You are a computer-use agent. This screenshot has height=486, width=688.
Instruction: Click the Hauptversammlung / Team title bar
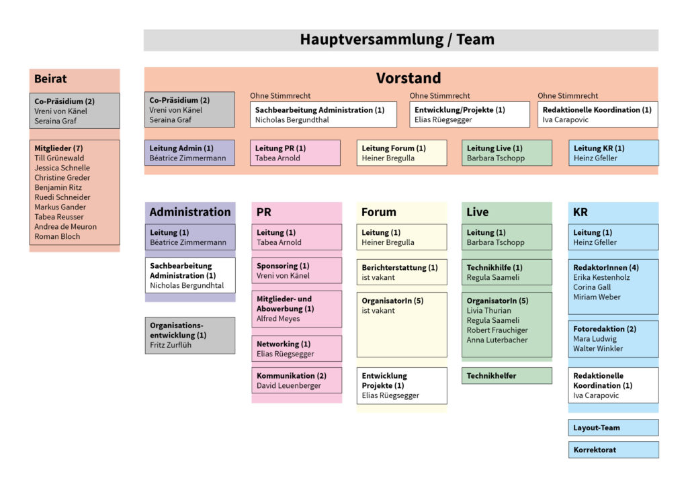(400, 40)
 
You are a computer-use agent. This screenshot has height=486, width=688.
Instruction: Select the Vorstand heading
(408, 78)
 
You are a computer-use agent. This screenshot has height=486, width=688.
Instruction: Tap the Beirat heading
(51, 79)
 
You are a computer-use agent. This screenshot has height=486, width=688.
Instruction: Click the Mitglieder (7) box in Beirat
(74, 193)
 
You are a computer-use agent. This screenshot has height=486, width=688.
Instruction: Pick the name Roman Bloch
(57, 236)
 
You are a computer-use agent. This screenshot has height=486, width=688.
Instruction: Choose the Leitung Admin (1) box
(189, 152)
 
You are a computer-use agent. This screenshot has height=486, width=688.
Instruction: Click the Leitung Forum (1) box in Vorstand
(401, 152)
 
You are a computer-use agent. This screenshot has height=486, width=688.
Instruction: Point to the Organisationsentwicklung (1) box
(189, 335)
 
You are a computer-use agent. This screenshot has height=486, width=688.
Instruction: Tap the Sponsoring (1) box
(296, 270)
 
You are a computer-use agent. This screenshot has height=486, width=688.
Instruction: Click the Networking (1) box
(296, 348)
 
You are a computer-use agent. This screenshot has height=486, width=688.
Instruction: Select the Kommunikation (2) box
(296, 380)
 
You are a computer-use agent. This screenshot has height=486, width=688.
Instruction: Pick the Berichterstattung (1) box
(401, 272)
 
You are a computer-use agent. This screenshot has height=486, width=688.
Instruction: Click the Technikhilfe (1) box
(507, 272)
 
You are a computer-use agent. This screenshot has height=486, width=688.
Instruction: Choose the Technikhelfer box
(507, 376)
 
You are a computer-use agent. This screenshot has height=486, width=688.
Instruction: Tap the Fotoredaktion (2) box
(613, 338)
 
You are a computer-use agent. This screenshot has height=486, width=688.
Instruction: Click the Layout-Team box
(613, 428)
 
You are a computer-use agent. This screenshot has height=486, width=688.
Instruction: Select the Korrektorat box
(613, 450)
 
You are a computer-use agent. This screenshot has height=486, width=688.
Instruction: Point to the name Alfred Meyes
(278, 319)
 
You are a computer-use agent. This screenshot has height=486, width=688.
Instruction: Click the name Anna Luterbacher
(497, 340)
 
